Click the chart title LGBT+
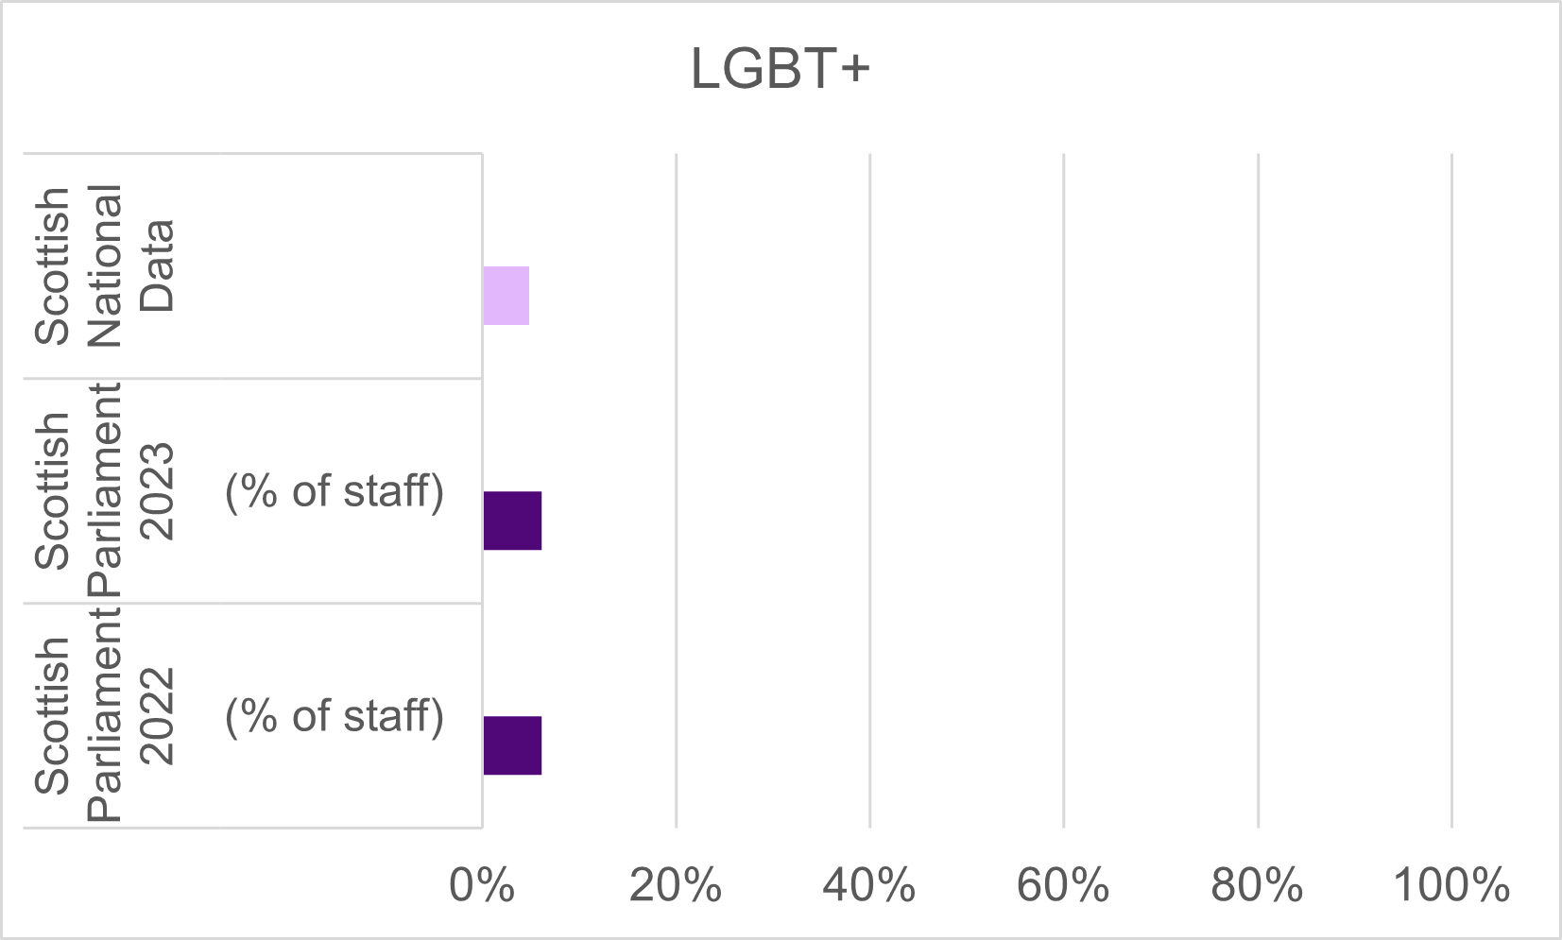[780, 69]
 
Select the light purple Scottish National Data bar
[506, 296]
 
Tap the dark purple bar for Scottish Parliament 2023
[512, 521]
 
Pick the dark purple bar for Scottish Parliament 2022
[512, 745]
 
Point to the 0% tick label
[482, 886]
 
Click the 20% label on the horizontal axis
[676, 886]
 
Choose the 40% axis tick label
[869, 886]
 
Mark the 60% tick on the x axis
[1063, 886]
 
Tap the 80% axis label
[1258, 886]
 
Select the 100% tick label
[1451, 886]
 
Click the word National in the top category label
[105, 265]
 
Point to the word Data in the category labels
[157, 265]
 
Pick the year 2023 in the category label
[157, 490]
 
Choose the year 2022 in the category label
[157, 715]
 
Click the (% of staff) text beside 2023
[335, 491]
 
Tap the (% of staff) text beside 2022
[335, 716]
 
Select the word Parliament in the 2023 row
[105, 490]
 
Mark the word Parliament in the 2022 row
[105, 715]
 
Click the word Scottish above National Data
[53, 265]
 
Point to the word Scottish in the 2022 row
[53, 715]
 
